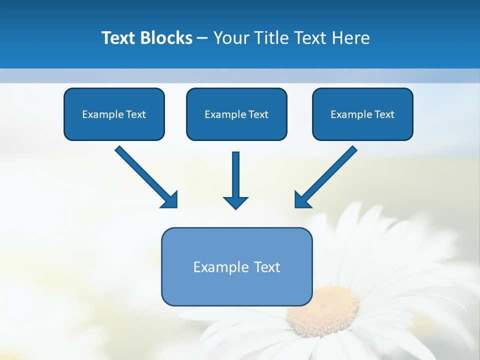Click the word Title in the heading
tap(270, 38)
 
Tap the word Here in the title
tap(350, 38)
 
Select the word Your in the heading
tap(232, 38)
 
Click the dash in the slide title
tap(202, 38)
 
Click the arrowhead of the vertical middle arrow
tap(235, 202)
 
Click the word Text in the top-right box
tap(384, 114)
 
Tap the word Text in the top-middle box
tap(258, 114)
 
